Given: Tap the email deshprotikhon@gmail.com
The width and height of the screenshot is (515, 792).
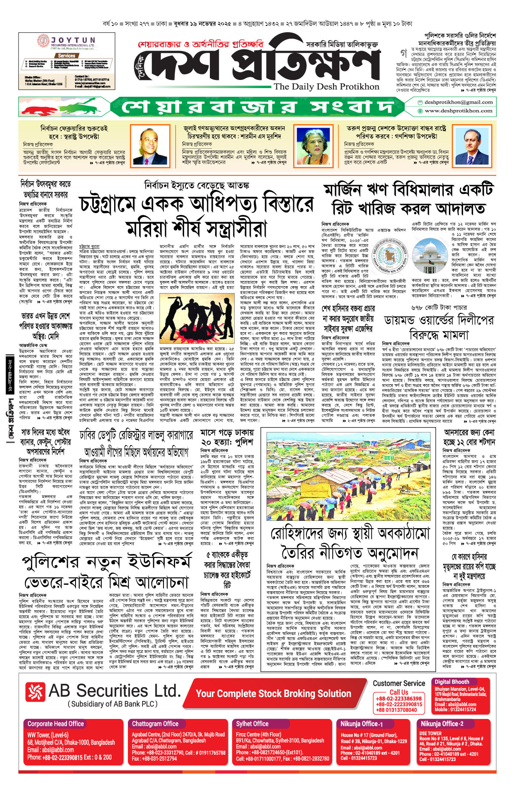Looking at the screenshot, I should (458, 102).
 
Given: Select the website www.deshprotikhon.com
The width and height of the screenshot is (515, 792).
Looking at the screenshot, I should (458, 110).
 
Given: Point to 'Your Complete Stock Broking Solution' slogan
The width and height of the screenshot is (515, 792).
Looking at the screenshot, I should (273, 694).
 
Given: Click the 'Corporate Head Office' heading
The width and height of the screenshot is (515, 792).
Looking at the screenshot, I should (56, 724).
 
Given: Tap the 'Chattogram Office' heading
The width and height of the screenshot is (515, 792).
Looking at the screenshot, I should (155, 724).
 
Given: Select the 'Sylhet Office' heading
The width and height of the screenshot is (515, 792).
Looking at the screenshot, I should (252, 724).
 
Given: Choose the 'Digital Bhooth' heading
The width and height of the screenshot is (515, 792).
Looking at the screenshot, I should (451, 682).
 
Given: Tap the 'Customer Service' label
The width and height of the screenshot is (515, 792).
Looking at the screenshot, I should (399, 683).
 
